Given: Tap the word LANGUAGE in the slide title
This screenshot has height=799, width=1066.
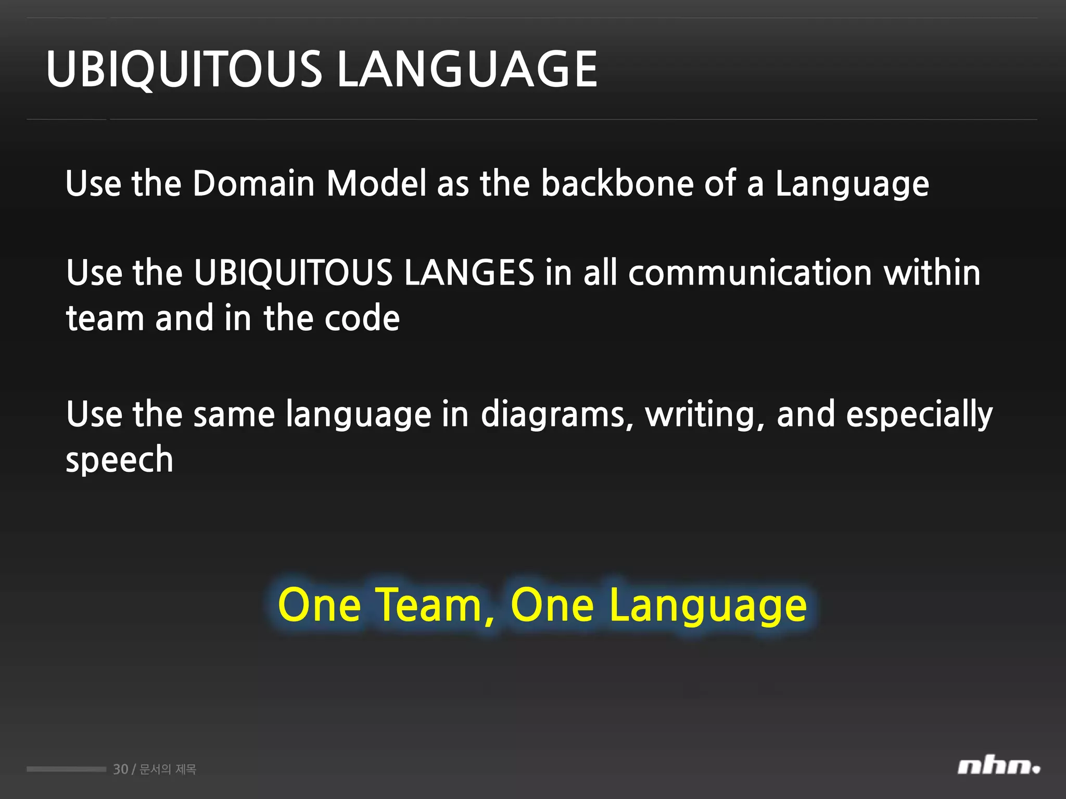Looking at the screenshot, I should tap(467, 69).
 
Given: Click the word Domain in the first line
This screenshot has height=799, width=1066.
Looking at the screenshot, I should tap(253, 184).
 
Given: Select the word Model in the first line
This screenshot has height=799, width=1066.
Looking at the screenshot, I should tap(376, 184).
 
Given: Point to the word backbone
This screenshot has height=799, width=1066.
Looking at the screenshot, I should tap(617, 184).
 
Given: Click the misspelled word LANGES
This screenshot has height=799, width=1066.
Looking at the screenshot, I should tap(469, 273).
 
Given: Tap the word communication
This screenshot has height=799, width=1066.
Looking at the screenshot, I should tap(750, 273).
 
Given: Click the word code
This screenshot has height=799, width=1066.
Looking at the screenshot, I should tap(362, 318).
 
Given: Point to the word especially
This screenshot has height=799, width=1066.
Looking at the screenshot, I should tap(919, 415).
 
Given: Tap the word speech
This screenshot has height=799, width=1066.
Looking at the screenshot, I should tap(119, 460).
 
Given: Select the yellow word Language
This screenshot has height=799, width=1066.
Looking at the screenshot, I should tap(708, 606).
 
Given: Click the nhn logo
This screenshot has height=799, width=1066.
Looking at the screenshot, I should tap(998, 767).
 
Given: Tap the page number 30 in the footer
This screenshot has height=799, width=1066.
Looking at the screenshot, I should tap(120, 769).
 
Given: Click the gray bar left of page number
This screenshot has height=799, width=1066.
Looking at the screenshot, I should tap(66, 769).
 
